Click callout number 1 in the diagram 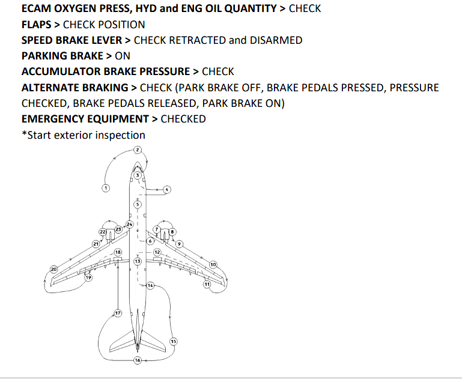tap(106, 188)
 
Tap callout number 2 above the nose tap(138, 149)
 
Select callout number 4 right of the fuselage tap(167, 189)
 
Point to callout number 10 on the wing tap(213, 265)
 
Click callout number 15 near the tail tap(174, 341)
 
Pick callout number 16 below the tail tap(138, 360)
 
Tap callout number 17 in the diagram tap(118, 314)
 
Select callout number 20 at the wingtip tap(53, 269)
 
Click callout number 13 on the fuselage tap(138, 261)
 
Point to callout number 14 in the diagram tap(150, 285)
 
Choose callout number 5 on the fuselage tap(138, 205)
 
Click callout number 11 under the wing tap(207, 283)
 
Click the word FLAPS tap(39, 25)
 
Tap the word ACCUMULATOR tap(56, 71)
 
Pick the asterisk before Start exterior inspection tap(24, 135)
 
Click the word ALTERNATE tap(52, 88)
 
